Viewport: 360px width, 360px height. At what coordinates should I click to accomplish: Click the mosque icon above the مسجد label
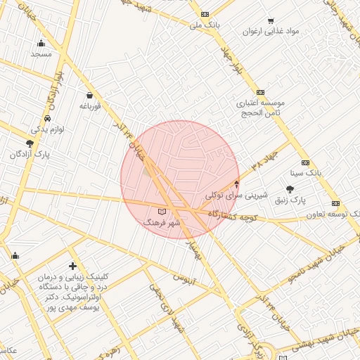coord(41,43)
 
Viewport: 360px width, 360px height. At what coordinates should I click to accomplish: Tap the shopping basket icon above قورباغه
coord(89,95)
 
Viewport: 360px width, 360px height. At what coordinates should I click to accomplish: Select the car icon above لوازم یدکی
coord(47,119)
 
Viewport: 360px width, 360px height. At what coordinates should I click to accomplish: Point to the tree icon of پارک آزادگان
coord(30,143)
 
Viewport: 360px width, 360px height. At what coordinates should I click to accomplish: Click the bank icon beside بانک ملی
coord(205,14)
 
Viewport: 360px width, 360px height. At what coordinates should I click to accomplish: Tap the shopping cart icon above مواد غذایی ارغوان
coord(271,21)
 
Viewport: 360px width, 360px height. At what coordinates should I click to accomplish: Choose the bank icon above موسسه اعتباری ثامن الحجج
coord(260,92)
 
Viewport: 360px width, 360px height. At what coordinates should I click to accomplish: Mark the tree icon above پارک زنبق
coord(290,188)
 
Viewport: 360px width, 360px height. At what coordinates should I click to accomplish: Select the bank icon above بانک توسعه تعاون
coord(335,203)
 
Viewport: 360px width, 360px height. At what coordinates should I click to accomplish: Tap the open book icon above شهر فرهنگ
coord(162,211)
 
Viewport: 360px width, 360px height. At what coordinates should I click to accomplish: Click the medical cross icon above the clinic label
coord(72,266)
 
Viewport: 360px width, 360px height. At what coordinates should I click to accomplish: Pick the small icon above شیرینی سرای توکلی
coord(236,184)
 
